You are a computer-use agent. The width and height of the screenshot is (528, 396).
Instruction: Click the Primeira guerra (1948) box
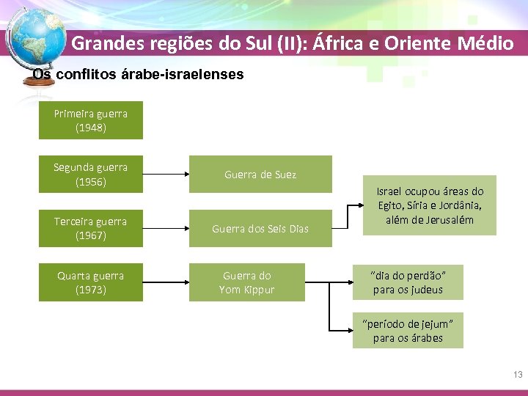click(x=91, y=120)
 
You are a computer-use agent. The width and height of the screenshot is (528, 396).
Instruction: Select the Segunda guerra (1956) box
click(x=91, y=175)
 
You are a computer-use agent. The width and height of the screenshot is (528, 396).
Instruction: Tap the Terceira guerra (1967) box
click(x=91, y=228)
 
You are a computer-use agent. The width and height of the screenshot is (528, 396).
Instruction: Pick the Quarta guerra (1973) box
click(x=91, y=282)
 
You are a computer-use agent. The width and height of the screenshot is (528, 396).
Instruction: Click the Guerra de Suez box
click(x=260, y=175)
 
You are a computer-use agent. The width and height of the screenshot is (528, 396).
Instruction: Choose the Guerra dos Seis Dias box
click(x=260, y=228)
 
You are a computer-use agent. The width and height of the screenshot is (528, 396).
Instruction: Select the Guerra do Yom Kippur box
click(x=246, y=282)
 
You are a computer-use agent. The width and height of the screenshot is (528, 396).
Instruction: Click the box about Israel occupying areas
click(x=430, y=205)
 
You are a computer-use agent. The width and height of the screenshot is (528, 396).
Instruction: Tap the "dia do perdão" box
click(x=408, y=282)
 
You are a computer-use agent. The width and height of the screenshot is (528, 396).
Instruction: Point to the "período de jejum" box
click(x=408, y=330)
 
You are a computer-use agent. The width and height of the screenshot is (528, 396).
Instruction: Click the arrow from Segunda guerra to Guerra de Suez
click(x=166, y=175)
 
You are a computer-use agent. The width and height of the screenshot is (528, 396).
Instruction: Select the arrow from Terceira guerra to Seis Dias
click(x=166, y=228)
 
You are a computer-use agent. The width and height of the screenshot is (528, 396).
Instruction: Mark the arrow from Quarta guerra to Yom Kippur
click(x=166, y=282)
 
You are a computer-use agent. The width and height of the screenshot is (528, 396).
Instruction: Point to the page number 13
click(x=518, y=375)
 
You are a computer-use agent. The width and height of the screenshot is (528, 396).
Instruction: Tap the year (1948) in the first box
click(x=91, y=128)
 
